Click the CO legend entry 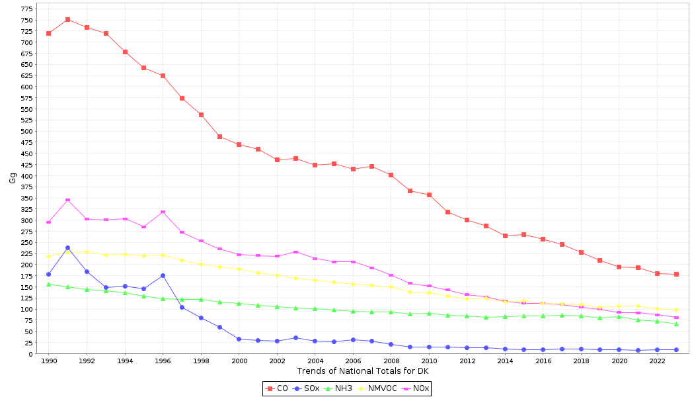click(x=277, y=388)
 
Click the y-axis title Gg click(x=13, y=177)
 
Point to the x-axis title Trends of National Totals click(x=363, y=371)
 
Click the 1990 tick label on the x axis click(x=48, y=361)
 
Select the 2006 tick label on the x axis click(x=353, y=361)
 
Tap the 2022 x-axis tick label click(x=657, y=361)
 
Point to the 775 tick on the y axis click(x=26, y=9)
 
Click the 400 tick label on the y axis click(x=26, y=176)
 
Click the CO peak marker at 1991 click(x=67, y=20)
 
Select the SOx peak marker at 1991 click(x=67, y=247)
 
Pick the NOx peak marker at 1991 click(x=67, y=200)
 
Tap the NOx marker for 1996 click(x=163, y=212)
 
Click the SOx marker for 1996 click(x=163, y=275)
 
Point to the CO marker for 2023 click(x=676, y=274)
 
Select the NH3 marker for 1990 click(x=48, y=285)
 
